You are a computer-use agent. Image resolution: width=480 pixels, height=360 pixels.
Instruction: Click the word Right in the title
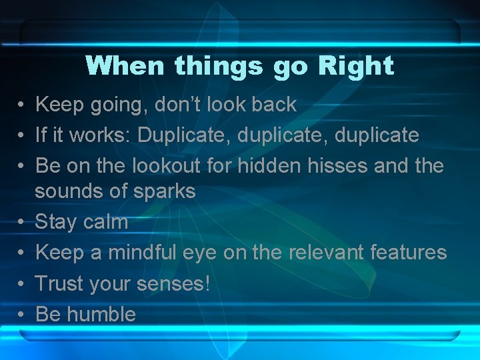pyautogui.click(x=356, y=66)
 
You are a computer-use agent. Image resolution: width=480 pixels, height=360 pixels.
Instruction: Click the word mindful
pyautogui.click(x=140, y=252)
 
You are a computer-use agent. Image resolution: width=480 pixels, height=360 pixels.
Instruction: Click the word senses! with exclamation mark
pyautogui.click(x=173, y=284)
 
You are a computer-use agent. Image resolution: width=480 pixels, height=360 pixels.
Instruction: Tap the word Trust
pyautogui.click(x=59, y=283)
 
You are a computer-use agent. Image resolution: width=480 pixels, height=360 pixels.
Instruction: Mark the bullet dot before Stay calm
pyautogui.click(x=22, y=222)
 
